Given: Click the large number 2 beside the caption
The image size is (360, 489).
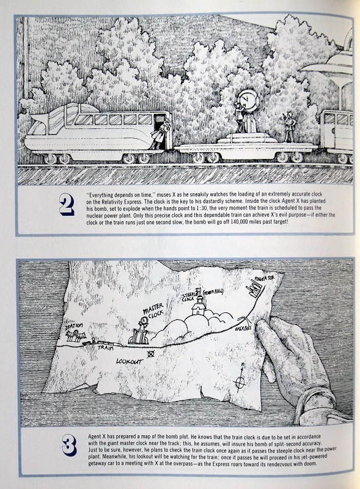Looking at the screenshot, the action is pos(67,205).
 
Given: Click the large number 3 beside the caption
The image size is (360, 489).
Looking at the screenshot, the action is pos(69,446).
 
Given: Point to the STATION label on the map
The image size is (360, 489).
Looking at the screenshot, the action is pos(74,326).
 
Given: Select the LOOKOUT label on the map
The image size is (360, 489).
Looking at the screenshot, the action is pos(130,361).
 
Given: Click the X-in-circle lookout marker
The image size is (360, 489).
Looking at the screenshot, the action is pos(151,354).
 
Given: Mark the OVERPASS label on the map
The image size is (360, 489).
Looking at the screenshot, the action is pos(243,329).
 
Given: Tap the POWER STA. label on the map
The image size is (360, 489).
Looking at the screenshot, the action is pos(264,278).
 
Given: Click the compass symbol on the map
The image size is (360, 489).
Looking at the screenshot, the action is pos(240,378).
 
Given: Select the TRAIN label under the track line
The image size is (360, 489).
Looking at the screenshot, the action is pos(106,347).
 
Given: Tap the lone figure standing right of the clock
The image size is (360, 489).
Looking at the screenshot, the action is pos(290,127).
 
